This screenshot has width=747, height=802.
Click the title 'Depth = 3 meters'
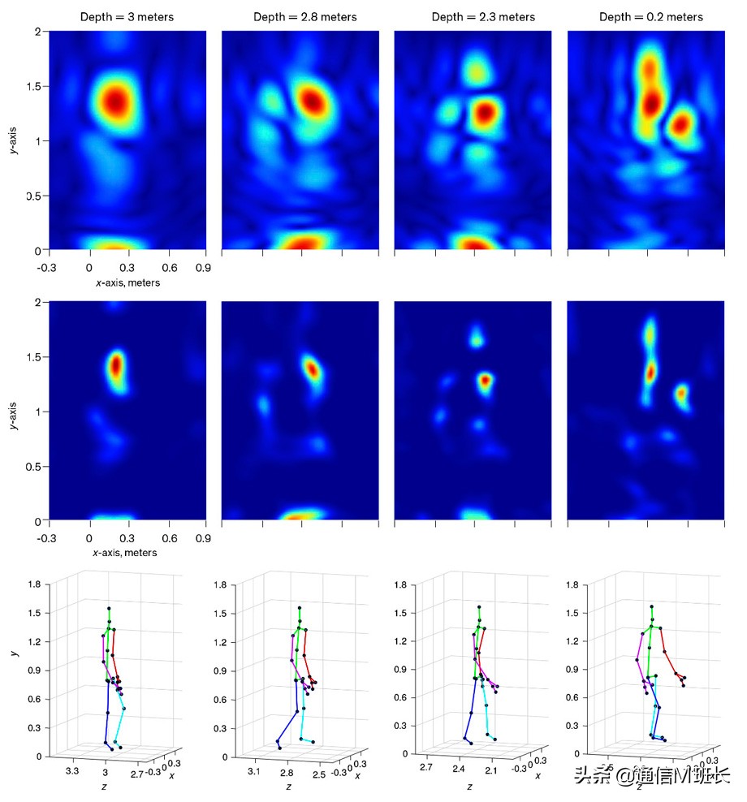click(x=126, y=16)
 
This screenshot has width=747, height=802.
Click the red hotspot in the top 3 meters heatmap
click(x=115, y=102)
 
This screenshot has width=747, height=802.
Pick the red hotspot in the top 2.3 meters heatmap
click(x=485, y=112)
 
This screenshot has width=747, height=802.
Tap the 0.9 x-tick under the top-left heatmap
click(x=204, y=265)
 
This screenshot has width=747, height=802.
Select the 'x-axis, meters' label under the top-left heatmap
click(x=126, y=282)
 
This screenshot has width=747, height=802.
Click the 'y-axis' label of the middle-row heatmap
click(x=16, y=411)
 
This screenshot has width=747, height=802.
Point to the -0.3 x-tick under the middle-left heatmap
click(x=48, y=537)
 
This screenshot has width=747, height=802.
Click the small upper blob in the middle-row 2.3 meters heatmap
click(x=477, y=333)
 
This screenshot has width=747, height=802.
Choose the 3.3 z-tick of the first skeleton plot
click(x=71, y=770)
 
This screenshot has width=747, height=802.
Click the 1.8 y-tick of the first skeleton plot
click(x=34, y=584)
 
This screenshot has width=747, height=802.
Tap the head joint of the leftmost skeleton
click(x=109, y=608)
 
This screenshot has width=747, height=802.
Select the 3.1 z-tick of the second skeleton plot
click(x=253, y=771)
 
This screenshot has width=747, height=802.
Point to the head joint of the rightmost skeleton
click(x=651, y=606)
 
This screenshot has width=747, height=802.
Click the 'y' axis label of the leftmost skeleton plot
click(x=13, y=652)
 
